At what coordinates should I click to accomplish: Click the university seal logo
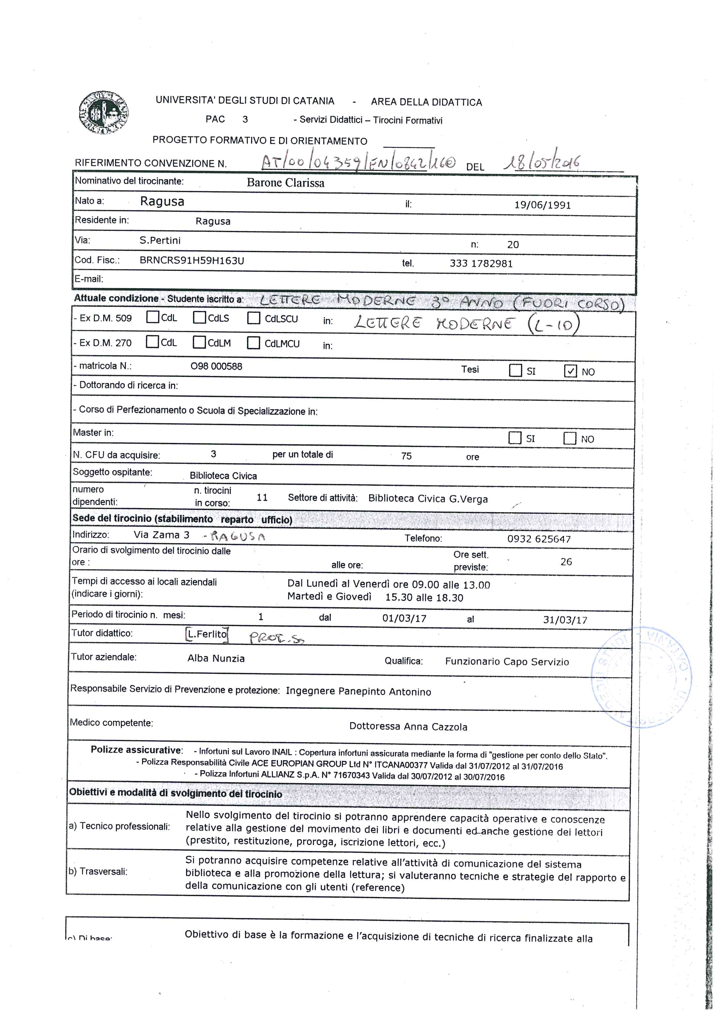[x=104, y=112]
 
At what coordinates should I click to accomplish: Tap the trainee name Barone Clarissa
[x=286, y=183]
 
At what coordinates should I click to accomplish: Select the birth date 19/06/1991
[x=542, y=205]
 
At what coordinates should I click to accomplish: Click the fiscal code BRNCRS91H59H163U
[x=192, y=260]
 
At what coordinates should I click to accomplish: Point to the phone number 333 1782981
[x=481, y=263]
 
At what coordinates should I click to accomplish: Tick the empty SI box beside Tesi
[x=515, y=370]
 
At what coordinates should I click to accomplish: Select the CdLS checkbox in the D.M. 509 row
[x=199, y=318]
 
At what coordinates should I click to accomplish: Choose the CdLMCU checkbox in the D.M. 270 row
[x=253, y=343]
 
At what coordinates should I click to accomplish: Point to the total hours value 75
[x=406, y=456]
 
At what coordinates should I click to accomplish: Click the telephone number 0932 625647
[x=539, y=539]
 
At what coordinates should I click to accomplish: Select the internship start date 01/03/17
[x=404, y=618]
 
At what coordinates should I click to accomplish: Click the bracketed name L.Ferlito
[x=207, y=634]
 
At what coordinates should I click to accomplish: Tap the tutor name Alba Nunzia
[x=216, y=658]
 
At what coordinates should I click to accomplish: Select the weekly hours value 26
[x=566, y=561]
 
